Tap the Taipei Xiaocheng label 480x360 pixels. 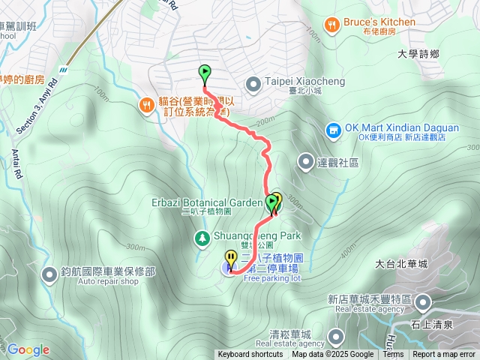(293, 82)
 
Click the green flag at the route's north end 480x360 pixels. (205, 73)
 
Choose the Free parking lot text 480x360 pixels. (271, 278)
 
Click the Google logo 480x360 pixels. (28, 349)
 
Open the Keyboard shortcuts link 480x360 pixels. (250, 355)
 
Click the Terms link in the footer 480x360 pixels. (393, 355)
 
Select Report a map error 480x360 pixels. (444, 355)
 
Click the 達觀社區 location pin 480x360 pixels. (306, 161)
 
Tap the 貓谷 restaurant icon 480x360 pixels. (145, 106)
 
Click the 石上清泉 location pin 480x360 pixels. (423, 303)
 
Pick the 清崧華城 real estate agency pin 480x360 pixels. (335, 334)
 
